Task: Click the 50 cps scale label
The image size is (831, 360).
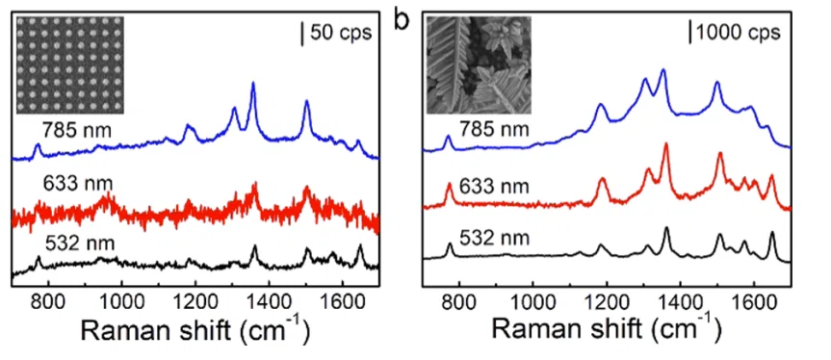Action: [x=340, y=34]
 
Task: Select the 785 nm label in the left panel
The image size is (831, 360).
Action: [x=77, y=130]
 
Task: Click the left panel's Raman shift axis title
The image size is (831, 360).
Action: [x=195, y=333]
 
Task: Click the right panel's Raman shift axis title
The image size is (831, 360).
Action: [x=607, y=333]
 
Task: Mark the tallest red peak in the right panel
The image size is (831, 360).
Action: [x=666, y=144]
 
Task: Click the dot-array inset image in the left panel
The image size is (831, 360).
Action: [x=70, y=64]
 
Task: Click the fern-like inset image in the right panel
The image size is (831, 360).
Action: [x=480, y=64]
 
